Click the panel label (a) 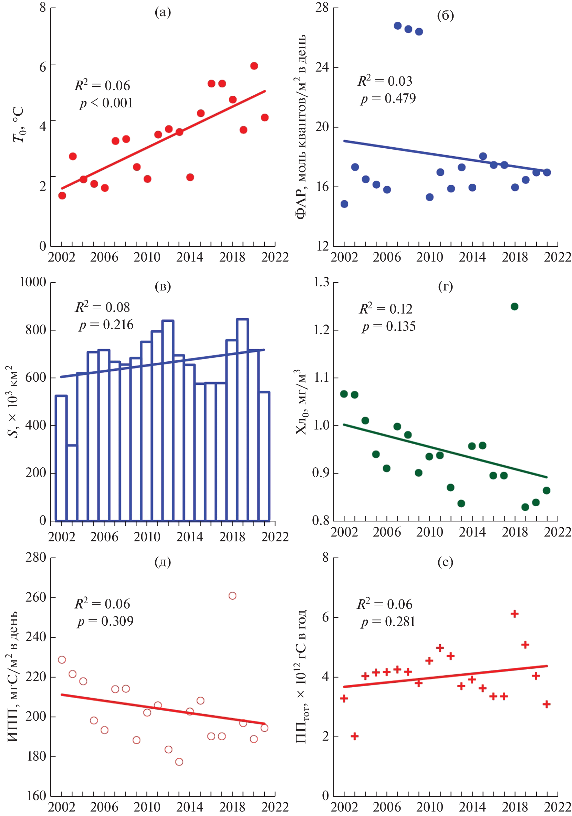[163, 12]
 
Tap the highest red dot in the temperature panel [254, 66]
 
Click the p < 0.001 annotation [106, 103]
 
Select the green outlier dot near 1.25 [514, 306]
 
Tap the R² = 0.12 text [386, 308]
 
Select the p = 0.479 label [388, 98]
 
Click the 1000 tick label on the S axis [33, 282]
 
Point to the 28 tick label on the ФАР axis [322, 8]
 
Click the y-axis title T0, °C [19, 124]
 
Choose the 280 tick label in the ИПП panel [35, 557]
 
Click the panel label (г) [445, 286]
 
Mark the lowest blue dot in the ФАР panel [344, 204]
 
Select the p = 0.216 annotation [106, 325]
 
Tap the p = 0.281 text [388, 622]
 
